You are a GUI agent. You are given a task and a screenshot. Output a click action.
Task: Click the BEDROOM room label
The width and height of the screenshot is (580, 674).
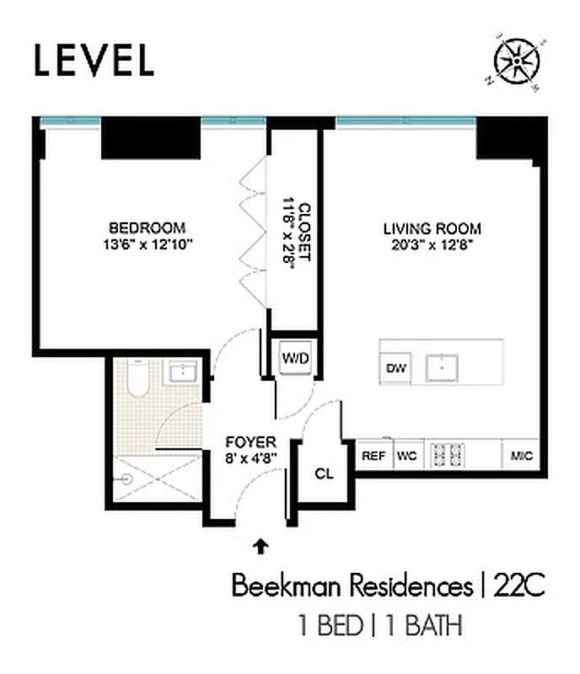[x=147, y=227]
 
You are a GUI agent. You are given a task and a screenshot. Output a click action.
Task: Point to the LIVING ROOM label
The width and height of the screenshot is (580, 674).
[x=432, y=227]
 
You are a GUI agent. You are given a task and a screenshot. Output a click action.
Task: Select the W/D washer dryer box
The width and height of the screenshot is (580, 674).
[x=295, y=358]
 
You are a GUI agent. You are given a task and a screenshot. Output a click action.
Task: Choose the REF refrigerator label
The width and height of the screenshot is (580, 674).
[x=373, y=456]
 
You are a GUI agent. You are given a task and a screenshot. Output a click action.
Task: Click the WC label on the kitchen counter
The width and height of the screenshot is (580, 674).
[x=407, y=456]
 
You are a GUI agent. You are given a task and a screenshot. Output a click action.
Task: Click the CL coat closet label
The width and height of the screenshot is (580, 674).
[x=324, y=473]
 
